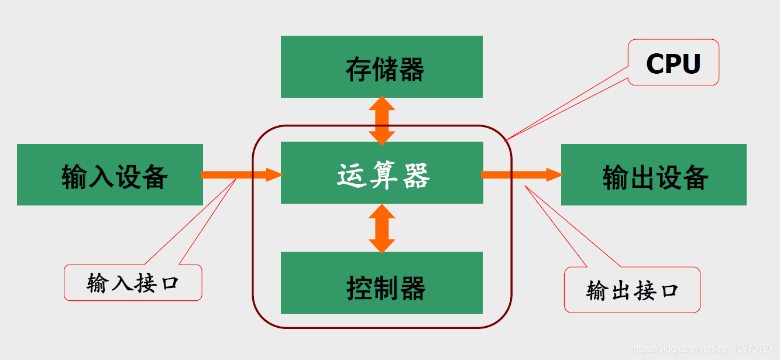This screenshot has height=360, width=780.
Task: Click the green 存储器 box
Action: point(382,66)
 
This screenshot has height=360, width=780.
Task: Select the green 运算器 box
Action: point(382,173)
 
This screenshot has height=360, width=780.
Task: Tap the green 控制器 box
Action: point(382,283)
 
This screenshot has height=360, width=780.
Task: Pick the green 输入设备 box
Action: point(110,174)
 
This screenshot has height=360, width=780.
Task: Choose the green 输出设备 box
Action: point(654,174)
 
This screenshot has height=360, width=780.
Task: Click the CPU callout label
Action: point(673,63)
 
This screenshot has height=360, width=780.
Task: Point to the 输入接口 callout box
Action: point(132,283)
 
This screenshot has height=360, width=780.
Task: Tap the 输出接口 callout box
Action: point(632,290)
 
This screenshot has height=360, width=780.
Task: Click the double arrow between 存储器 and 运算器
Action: point(382,120)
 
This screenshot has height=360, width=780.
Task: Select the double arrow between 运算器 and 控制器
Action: point(382,228)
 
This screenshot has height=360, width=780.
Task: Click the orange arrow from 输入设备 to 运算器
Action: point(241,174)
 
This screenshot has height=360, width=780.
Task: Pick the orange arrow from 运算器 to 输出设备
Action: point(521,174)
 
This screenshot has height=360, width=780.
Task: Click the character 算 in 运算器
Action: point(384,175)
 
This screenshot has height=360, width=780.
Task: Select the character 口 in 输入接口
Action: point(169,283)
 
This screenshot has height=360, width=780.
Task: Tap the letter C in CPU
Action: point(656,63)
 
